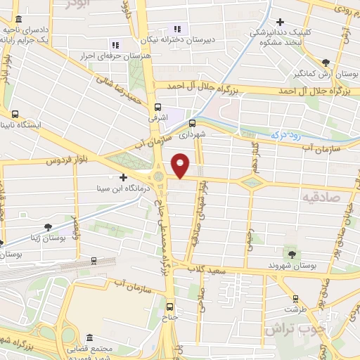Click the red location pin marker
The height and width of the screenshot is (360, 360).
[x=181, y=165]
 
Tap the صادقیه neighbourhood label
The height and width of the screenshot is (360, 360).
[x=323, y=198]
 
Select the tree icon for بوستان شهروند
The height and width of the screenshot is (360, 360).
[x=290, y=253]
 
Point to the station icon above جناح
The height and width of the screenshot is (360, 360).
[x=169, y=307]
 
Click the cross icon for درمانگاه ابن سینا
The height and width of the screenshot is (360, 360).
[x=124, y=177]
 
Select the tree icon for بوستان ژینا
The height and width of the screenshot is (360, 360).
[x=48, y=227]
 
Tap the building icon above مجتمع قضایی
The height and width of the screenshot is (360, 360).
[x=90, y=337]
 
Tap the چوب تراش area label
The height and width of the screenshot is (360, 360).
[x=289, y=329]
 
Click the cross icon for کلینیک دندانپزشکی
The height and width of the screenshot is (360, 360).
[x=280, y=22]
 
